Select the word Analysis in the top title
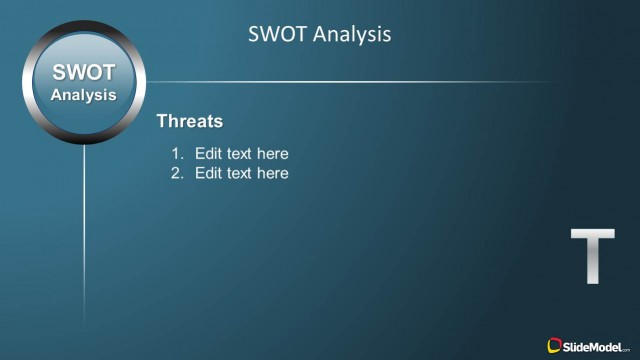coord(351,35)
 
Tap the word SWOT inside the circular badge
coord(84,73)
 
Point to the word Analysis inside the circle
coord(84,95)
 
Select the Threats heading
coord(190,121)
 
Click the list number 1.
coord(176,154)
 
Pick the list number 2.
coord(176,174)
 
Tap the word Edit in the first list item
coord(207,154)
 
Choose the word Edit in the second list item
coord(207,174)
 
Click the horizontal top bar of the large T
coord(592,234)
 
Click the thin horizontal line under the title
coord(350,82)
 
